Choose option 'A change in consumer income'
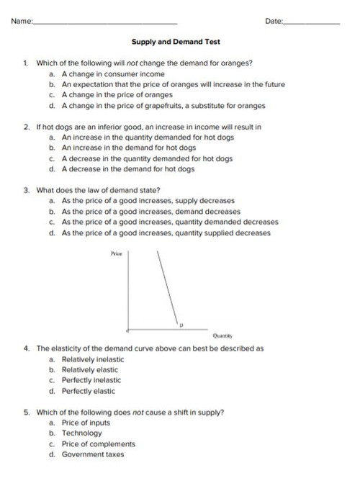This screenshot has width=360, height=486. (113, 73)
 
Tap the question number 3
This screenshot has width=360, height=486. (26, 190)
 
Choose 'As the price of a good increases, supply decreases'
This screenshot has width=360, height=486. (148, 201)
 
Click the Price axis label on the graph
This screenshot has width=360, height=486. (118, 253)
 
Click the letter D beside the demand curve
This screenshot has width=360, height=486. (183, 324)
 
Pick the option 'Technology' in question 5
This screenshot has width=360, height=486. (81, 433)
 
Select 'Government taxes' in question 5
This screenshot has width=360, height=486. (93, 454)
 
